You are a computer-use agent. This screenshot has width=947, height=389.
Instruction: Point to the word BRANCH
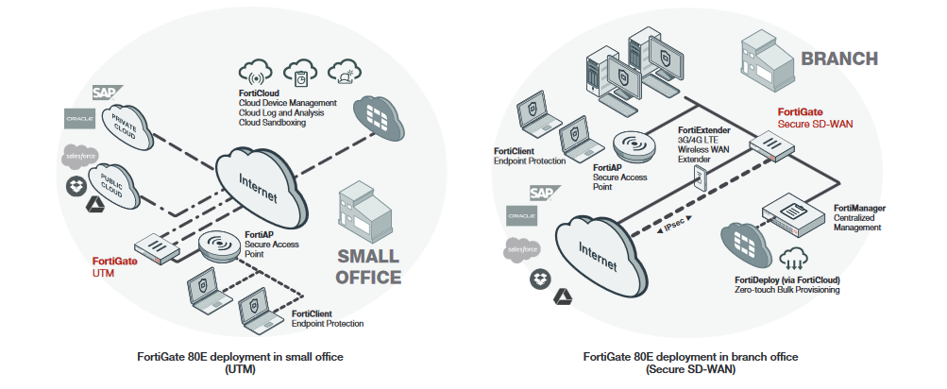839,59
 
